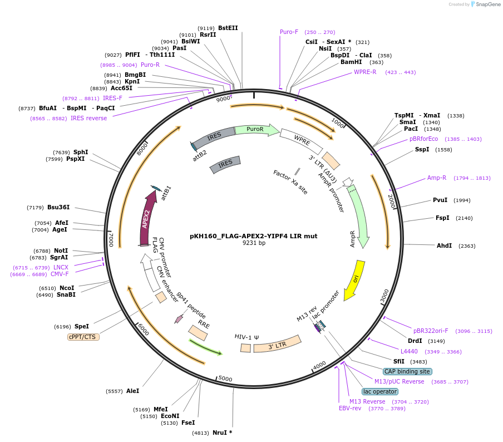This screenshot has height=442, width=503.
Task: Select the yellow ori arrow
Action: click(354, 279)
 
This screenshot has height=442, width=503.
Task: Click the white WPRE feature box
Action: click(301, 141)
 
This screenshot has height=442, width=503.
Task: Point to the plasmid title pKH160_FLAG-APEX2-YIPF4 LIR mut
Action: click(253, 236)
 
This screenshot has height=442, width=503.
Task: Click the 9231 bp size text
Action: click(254, 243)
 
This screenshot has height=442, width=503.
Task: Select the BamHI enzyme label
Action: click(351, 62)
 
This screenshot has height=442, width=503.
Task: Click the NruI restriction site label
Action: click(222, 433)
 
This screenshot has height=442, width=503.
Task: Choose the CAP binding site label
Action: click(407, 371)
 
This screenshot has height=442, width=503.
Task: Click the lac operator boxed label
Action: click(380, 391)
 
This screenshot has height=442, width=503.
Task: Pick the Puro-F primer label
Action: click(289, 32)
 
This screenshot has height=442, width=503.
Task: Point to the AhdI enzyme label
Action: click(444, 245)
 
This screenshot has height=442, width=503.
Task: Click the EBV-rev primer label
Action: click(350, 408)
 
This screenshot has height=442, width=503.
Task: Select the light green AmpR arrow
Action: click(358, 217)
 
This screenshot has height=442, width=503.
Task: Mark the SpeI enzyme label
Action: click(81, 326)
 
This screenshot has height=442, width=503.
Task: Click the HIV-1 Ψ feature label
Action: click(247, 337)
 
